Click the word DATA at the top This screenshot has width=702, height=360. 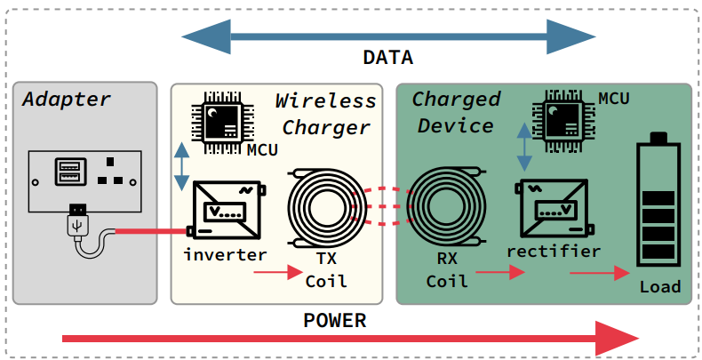(x=388, y=59)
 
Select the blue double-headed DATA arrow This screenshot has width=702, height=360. (x=388, y=36)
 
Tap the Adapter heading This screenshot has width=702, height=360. (x=67, y=99)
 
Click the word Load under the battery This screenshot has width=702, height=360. (x=660, y=286)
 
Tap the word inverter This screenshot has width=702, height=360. (x=226, y=255)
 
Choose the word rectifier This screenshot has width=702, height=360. (x=553, y=252)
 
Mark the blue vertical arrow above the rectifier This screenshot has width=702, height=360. (x=525, y=147)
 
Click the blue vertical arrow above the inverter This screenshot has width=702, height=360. (x=182, y=164)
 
